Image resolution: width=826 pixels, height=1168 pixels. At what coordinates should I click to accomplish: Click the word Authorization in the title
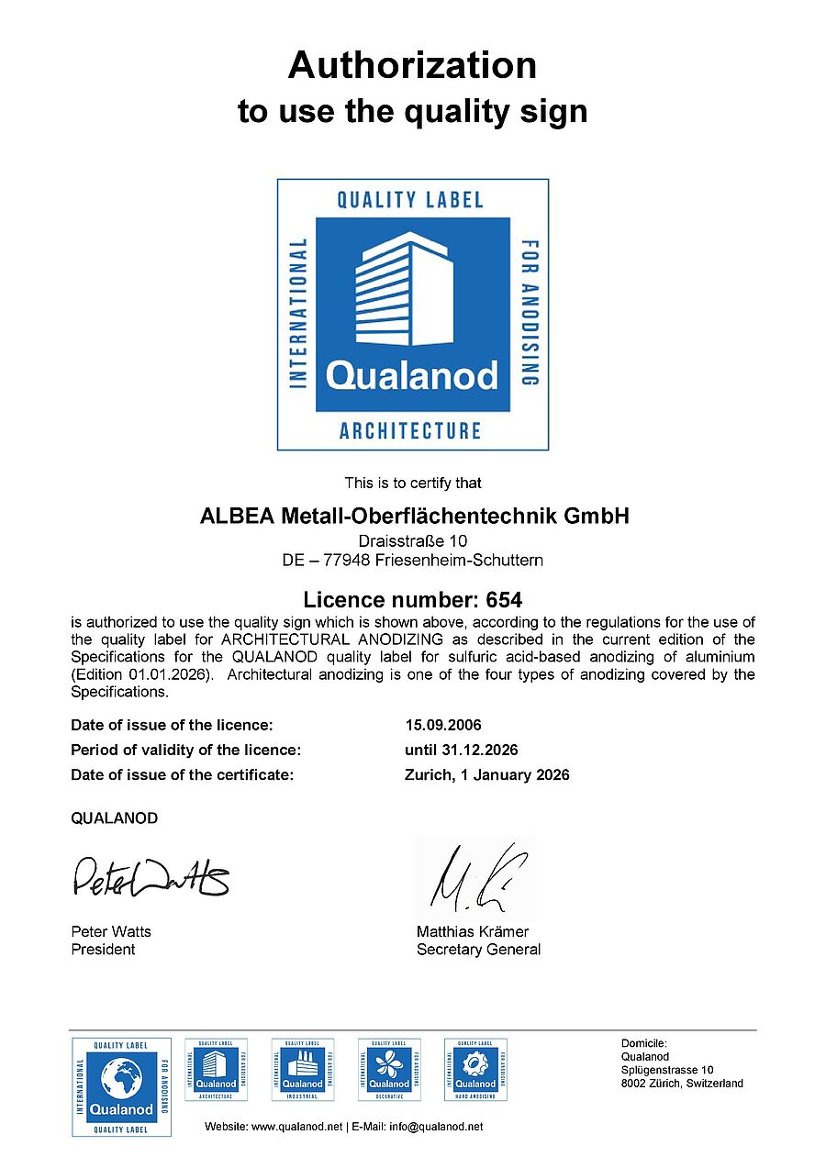[412, 66]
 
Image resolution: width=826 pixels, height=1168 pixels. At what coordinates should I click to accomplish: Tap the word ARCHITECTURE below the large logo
[410, 430]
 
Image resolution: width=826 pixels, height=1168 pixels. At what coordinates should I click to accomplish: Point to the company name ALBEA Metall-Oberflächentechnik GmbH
[415, 516]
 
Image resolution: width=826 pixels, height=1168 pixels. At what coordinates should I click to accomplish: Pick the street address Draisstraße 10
[413, 541]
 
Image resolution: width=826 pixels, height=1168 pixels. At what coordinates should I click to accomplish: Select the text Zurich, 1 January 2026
[486, 774]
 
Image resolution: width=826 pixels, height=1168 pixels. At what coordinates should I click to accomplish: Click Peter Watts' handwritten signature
[150, 877]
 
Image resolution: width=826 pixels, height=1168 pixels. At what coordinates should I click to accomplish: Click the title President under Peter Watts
[103, 950]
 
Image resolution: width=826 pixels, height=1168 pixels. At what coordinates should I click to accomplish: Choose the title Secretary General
[478, 950]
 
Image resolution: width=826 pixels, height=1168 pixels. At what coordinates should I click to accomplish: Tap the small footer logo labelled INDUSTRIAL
[302, 1069]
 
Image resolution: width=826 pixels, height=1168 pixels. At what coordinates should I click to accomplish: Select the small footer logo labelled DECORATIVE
[389, 1069]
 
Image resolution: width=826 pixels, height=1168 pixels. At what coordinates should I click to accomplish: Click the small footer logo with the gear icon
[475, 1069]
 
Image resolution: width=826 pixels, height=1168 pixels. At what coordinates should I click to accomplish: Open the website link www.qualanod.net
[296, 1127]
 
